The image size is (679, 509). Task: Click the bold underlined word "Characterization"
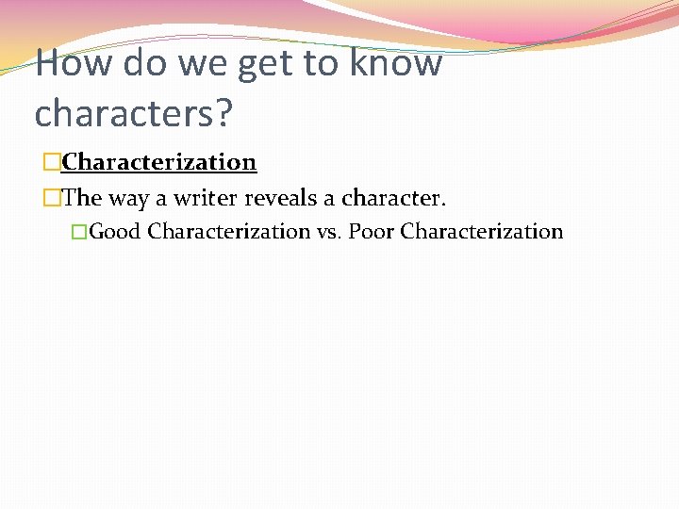pyautogui.click(x=159, y=162)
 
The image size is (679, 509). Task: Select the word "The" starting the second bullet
pyautogui.click(x=82, y=199)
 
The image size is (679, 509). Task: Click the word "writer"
pyautogui.click(x=206, y=199)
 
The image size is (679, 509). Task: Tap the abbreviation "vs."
pyautogui.click(x=329, y=231)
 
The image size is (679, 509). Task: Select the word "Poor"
pyautogui.click(x=372, y=231)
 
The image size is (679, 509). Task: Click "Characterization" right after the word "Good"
pyautogui.click(x=229, y=231)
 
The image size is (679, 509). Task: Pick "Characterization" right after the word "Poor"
pyautogui.click(x=482, y=231)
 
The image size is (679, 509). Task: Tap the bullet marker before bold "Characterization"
pyautogui.click(x=51, y=163)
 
